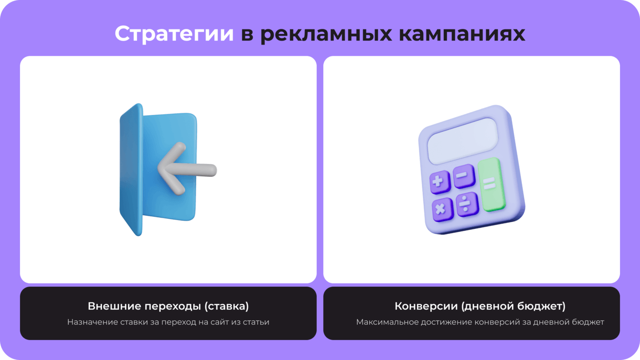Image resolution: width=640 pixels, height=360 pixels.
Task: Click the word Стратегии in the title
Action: point(174,34)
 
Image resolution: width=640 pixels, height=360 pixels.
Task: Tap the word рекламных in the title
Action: point(326,34)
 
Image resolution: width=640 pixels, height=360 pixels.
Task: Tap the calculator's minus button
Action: point(464,176)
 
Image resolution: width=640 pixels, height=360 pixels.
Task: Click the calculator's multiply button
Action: point(443,210)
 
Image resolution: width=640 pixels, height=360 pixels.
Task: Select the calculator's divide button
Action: point(467,204)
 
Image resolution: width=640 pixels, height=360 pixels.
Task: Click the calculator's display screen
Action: point(463,141)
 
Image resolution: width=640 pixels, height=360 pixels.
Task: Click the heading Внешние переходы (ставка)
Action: point(168,306)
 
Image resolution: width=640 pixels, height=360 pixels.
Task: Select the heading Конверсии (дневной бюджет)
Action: point(480,306)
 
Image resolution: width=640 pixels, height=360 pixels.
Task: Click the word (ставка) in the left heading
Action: point(226,306)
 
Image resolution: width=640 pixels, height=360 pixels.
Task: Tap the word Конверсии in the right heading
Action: point(427,306)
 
